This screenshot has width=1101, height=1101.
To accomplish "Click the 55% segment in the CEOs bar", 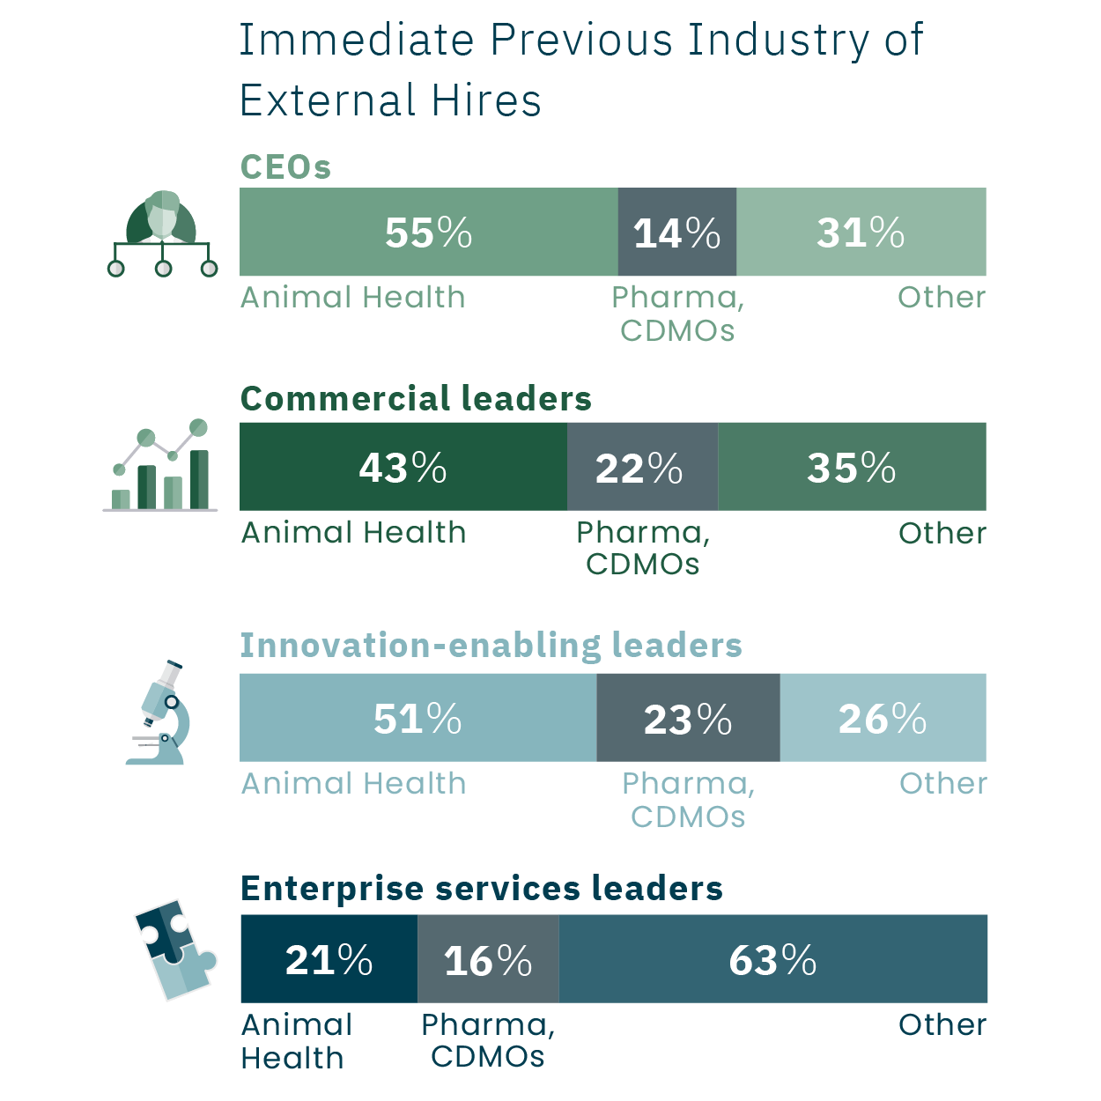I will (428, 233).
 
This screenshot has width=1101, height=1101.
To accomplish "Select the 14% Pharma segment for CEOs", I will (676, 233).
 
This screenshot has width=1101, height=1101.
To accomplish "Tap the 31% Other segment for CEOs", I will (861, 233).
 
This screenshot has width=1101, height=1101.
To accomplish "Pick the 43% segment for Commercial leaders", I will (403, 467).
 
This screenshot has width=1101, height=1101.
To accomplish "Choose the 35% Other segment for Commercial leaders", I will (852, 467).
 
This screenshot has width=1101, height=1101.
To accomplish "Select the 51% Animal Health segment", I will (417, 718).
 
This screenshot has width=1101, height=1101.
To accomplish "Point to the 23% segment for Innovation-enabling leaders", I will (688, 718).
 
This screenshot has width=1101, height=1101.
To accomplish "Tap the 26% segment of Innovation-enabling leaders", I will (883, 718).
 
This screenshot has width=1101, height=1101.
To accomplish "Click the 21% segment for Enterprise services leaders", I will (329, 959).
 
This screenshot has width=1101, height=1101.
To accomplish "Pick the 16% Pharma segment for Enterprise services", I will (488, 959).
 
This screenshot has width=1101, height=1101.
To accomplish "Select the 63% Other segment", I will (772, 959).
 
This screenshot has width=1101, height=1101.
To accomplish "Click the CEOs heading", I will (285, 166).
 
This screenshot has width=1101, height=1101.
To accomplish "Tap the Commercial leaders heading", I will (416, 398).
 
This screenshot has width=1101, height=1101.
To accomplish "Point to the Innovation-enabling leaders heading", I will (491, 645).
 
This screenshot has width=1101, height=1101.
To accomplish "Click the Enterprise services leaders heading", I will (481, 888).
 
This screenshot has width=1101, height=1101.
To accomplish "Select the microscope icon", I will (161, 713).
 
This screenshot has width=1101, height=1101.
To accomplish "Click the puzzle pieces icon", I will (175, 950).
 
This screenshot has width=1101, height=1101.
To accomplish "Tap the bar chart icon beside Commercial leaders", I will (161, 466).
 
